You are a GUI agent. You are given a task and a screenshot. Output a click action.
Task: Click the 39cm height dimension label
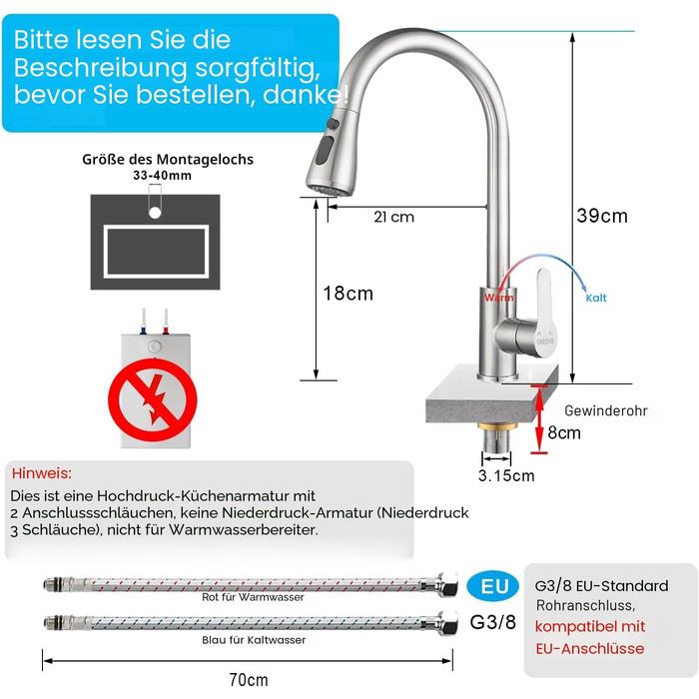[x=602, y=216]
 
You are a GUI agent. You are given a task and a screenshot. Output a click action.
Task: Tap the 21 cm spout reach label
[x=393, y=217]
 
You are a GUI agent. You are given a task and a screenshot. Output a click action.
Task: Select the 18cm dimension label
[x=348, y=294]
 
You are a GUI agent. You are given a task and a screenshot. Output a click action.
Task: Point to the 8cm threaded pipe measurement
[x=564, y=432]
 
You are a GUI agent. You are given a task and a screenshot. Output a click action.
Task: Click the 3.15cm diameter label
[x=506, y=475]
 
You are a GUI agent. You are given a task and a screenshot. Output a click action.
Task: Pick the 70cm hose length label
[x=249, y=680]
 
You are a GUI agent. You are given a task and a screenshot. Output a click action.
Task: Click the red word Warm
[x=499, y=298]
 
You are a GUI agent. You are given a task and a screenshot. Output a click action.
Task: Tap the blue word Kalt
[x=596, y=298]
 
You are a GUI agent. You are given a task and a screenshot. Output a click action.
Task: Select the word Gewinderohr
[x=606, y=410]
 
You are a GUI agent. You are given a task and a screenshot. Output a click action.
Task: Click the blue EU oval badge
[x=493, y=586]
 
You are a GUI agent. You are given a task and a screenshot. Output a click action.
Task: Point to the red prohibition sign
[x=153, y=399]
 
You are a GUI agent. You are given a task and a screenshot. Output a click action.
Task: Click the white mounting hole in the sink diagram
[x=155, y=213]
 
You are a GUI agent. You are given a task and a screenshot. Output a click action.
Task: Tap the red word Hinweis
[x=42, y=473]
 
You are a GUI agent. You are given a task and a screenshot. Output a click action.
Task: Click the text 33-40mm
[x=162, y=175]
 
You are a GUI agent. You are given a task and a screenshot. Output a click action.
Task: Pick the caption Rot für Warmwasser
[x=253, y=597]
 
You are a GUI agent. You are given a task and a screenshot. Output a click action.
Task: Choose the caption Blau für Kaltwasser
[x=254, y=640]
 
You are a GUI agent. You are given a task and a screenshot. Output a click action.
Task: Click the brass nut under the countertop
[x=497, y=426]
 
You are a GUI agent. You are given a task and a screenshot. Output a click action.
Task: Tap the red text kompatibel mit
[x=590, y=626]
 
